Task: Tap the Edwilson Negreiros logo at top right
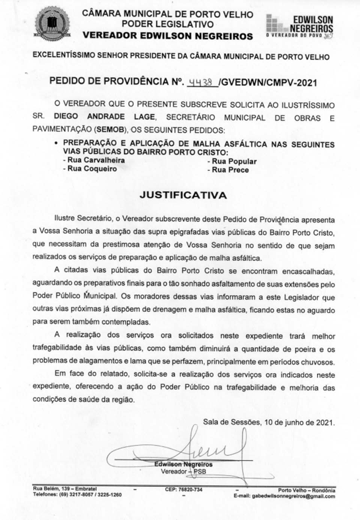point(299,27)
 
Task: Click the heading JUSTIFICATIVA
point(183,195)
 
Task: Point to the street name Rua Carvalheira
point(96,160)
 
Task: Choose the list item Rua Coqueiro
point(92,169)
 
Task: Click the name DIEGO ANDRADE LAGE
point(104,117)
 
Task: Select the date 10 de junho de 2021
point(299,422)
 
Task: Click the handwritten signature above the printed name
point(202,448)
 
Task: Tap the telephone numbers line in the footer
point(77,495)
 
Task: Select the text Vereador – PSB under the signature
point(183,471)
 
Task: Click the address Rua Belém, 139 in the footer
point(64,489)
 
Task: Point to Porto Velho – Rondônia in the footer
point(306,490)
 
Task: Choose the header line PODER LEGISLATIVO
point(167,25)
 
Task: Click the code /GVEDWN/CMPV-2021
point(269,83)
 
